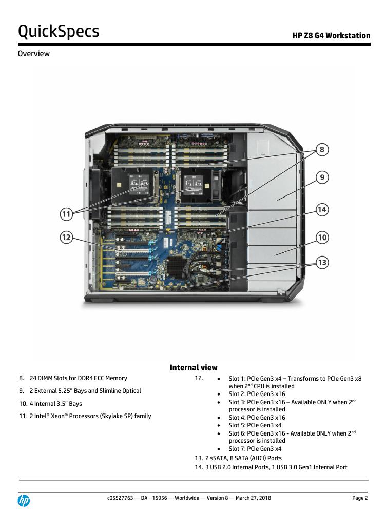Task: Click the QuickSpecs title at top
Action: click(59, 32)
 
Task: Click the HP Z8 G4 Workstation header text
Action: click(331, 36)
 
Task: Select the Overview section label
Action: click(34, 53)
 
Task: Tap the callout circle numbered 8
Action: click(322, 150)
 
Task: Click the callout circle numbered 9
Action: click(322, 177)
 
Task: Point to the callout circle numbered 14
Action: click(322, 209)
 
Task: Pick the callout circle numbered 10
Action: click(322, 238)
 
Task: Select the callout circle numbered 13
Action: click(322, 263)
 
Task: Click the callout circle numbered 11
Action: click(66, 213)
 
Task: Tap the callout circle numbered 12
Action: click(66, 238)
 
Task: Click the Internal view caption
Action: click(194, 367)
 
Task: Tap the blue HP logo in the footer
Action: click(24, 500)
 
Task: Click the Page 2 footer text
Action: click(360, 498)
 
